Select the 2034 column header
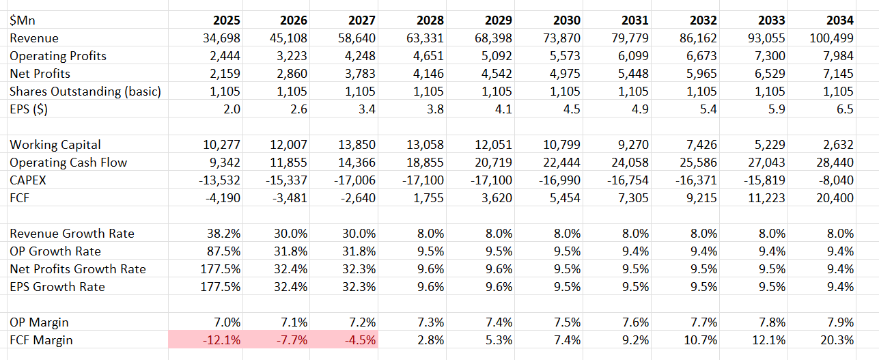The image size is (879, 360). point(839,20)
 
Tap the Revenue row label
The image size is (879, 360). point(34,38)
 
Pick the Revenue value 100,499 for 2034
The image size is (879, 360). point(831,38)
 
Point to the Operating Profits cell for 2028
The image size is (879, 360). point(425,56)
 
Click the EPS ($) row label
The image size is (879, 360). point(29,109)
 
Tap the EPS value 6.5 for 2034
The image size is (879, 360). point(845,109)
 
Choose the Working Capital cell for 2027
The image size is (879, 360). point(357,145)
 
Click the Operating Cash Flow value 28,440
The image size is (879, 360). point(834,163)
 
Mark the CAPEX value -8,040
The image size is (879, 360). point(834,180)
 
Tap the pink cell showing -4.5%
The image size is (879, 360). point(360,340)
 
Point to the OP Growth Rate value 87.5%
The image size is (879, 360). point(223,251)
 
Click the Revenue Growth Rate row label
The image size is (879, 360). point(72,234)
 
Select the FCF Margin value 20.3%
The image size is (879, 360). point(837,340)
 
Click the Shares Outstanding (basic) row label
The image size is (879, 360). point(85,92)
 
